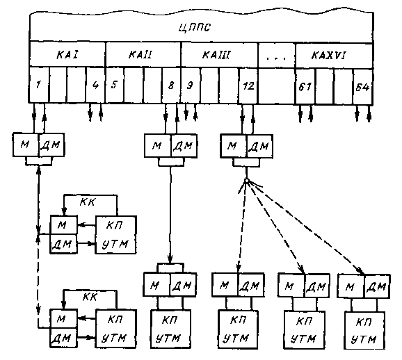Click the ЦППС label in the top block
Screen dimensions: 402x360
click(x=194, y=27)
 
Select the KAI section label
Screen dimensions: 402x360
click(x=67, y=55)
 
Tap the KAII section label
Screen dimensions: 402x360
click(x=140, y=55)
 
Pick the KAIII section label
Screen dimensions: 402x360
click(x=216, y=55)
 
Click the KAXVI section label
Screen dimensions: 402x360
click(x=328, y=55)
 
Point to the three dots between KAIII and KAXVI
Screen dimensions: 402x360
click(x=276, y=58)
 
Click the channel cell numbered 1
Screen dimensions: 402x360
click(x=39, y=85)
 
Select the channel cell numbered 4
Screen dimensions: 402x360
click(x=95, y=85)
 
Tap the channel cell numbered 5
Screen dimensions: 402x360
click(x=115, y=85)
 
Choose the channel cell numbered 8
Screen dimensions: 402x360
click(x=171, y=85)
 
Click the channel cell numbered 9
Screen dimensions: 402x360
click(x=191, y=85)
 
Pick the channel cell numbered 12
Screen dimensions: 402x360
click(x=248, y=86)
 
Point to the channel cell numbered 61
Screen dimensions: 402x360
click(x=305, y=87)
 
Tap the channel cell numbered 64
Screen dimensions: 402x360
click(x=362, y=87)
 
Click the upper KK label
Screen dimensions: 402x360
click(x=87, y=202)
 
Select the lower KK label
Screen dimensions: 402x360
click(x=90, y=297)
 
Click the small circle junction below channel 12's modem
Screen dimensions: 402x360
click(x=246, y=181)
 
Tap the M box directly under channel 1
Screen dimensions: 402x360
click(x=26, y=145)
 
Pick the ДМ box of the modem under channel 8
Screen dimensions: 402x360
click(x=184, y=145)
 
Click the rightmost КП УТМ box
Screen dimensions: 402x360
click(x=364, y=331)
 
